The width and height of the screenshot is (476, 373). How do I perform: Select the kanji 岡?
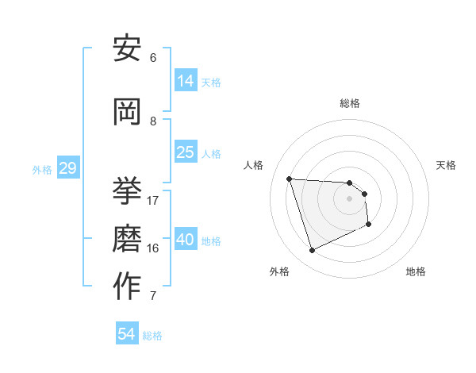click(x=127, y=113)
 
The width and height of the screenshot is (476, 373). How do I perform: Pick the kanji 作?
click(x=127, y=286)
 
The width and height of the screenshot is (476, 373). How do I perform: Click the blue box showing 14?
click(x=186, y=81)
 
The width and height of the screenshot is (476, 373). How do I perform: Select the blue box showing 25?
click(x=186, y=152)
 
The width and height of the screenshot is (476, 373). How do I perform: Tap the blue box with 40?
click(x=186, y=240)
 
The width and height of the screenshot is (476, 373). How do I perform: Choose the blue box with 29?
click(x=67, y=168)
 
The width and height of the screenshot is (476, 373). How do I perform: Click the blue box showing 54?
click(x=126, y=334)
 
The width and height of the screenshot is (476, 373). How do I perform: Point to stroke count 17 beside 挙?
click(x=153, y=200)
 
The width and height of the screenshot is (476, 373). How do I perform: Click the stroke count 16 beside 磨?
click(x=153, y=248)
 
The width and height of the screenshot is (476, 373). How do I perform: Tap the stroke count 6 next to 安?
click(x=153, y=57)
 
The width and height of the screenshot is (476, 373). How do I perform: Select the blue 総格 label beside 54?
click(x=152, y=336)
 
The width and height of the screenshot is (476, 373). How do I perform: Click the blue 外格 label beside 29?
click(x=42, y=170)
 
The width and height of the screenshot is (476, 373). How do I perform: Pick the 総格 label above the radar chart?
click(x=350, y=103)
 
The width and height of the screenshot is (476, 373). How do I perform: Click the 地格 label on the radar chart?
click(x=416, y=271)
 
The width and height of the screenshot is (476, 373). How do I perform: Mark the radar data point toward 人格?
click(x=290, y=179)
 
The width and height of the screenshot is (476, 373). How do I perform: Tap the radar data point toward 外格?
click(x=312, y=251)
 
